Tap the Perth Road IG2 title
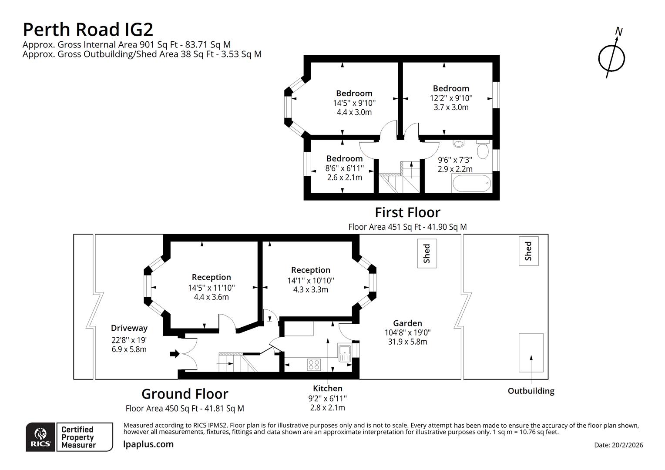(88, 30)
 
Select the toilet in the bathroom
(482, 150)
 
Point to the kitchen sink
(345, 352)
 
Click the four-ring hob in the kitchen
(314, 364)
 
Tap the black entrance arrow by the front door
(174, 354)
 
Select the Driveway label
(129, 328)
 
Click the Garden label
(407, 323)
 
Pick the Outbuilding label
(531, 391)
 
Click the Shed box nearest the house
(427, 253)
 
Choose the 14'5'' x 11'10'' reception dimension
(211, 288)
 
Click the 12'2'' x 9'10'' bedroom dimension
(451, 98)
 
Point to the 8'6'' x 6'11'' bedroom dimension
(344, 168)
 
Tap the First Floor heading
(407, 212)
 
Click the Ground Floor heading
(185, 394)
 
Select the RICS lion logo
(40, 436)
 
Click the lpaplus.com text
(148, 444)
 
